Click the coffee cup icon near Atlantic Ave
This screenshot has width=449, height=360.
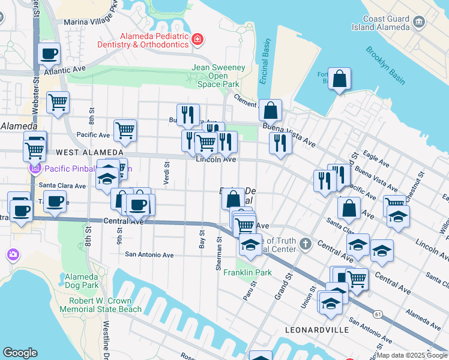[49, 54]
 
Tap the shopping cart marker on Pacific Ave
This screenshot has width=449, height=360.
[125, 131]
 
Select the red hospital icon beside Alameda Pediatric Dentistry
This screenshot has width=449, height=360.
[197, 40]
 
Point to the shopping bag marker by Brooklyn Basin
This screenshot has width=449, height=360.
[339, 79]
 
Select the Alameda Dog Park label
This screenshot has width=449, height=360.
[81, 281]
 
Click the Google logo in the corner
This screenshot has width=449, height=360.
[20, 353]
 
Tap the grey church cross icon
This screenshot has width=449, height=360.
[306, 243]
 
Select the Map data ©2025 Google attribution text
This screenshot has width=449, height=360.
[412, 355]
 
